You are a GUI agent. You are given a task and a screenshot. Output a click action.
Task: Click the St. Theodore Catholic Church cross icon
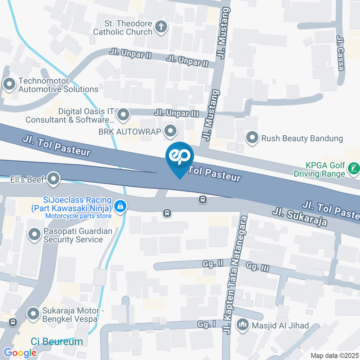click(x=161, y=27)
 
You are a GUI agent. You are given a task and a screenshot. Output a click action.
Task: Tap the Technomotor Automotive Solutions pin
click(x=9, y=84)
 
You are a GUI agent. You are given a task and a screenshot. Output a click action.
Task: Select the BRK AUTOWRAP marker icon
click(x=171, y=131)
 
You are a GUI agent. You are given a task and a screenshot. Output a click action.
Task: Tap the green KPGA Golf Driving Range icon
click(x=353, y=168)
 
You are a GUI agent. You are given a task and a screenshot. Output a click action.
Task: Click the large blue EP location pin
click(x=180, y=157)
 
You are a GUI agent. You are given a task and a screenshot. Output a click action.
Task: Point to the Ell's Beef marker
click(x=53, y=179)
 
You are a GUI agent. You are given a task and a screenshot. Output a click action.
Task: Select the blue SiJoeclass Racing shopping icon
click(x=120, y=206)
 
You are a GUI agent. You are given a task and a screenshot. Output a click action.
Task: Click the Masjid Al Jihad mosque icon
click(x=243, y=325)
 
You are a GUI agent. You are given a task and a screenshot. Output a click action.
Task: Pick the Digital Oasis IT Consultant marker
click(x=123, y=115)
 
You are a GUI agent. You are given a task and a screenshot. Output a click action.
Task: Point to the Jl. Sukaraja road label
click(x=300, y=217)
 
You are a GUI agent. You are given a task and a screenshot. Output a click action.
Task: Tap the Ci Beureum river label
click(x=57, y=342)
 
